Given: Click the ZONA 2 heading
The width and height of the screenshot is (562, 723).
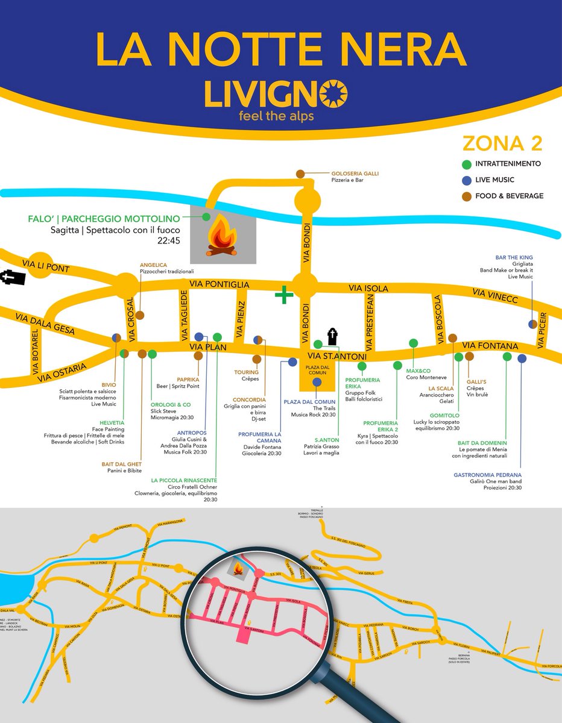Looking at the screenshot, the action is (x=502, y=143).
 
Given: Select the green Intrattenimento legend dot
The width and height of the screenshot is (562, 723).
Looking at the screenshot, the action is (x=466, y=164).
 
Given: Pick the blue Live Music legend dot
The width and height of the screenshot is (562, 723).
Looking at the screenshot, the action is (x=466, y=180).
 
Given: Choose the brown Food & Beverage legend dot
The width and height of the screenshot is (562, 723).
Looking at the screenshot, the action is (x=466, y=196).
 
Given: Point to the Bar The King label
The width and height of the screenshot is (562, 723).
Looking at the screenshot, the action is (x=514, y=257).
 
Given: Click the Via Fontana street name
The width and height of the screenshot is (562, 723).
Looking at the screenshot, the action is (x=490, y=346).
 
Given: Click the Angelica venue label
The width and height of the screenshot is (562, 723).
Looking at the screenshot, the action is (x=153, y=264).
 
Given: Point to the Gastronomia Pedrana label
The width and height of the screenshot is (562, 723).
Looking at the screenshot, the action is (x=487, y=475).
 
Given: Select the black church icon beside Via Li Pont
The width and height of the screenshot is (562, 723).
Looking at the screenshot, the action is (x=14, y=278).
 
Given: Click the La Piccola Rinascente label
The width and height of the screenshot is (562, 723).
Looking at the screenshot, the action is (x=184, y=480).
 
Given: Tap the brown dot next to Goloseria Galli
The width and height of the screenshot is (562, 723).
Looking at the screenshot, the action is (x=300, y=174).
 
